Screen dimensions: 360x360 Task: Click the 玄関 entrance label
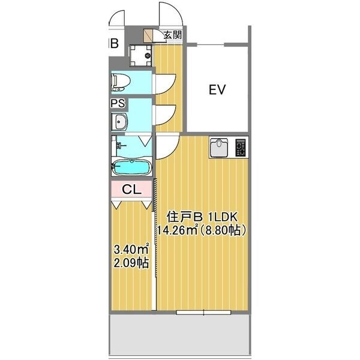[173, 35]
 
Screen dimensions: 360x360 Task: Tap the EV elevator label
[217, 91]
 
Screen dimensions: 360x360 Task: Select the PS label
[118, 103]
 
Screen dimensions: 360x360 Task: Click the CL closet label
[131, 189]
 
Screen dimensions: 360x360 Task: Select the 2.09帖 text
[131, 263]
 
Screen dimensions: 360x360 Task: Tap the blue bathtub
[132, 166]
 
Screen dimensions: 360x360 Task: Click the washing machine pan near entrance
[142, 55]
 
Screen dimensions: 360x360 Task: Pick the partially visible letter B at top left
[113, 43]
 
